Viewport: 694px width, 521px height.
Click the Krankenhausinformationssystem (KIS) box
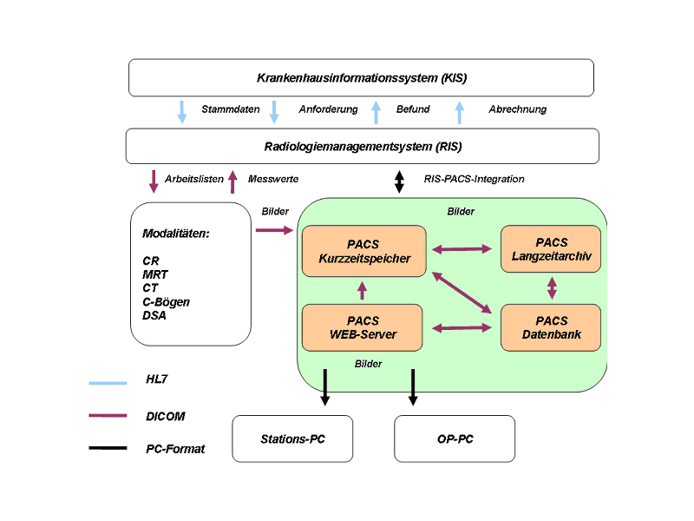click(361, 77)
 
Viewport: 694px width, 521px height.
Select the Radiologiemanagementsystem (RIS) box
click(362, 146)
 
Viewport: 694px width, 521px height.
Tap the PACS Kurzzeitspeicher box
click(363, 252)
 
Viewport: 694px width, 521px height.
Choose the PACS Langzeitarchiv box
click(551, 248)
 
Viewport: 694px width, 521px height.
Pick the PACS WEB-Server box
click(363, 327)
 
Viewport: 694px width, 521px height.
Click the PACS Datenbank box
click(551, 327)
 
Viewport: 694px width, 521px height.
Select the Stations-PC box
click(293, 439)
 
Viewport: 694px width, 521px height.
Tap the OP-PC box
click(455, 439)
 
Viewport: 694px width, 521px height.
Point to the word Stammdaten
click(231, 109)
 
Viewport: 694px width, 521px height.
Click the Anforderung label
click(328, 109)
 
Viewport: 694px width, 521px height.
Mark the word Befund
click(413, 109)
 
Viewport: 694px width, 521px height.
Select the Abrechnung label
click(518, 109)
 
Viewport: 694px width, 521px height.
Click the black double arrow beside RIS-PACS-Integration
click(399, 181)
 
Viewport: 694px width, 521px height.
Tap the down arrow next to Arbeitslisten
click(154, 181)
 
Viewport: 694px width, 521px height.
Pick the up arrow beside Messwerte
click(232, 181)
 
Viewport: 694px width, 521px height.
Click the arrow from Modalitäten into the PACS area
click(275, 230)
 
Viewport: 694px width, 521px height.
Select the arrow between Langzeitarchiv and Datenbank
click(552, 287)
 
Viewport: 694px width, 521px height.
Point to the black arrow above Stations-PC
click(325, 387)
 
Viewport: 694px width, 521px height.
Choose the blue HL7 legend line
click(108, 381)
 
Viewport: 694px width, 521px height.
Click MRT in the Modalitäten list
click(155, 274)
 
